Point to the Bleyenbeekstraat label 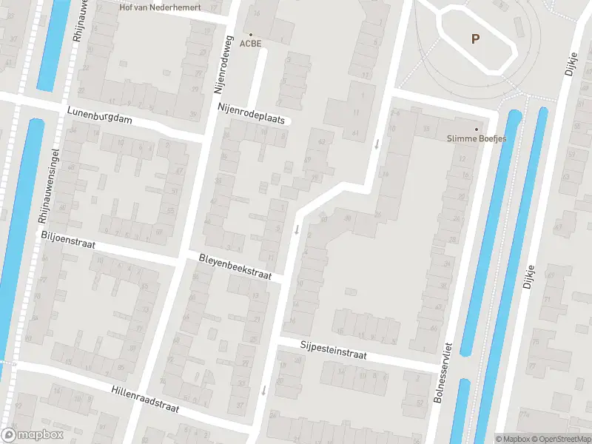(x=235, y=267)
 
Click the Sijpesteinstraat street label (x=334, y=350)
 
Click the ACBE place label (x=251, y=44)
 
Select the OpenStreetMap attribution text (x=559, y=439)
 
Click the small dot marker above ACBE (x=251, y=34)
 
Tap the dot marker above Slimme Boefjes (x=476, y=128)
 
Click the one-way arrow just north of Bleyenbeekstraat (x=297, y=230)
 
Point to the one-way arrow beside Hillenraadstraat (x=263, y=389)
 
